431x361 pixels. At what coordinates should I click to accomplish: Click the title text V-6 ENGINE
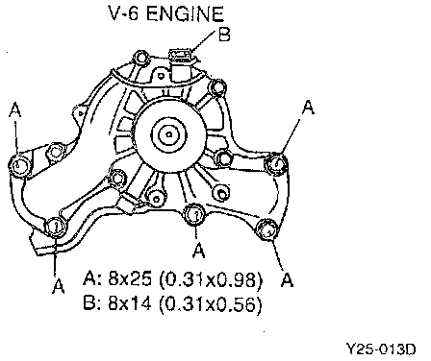point(166,13)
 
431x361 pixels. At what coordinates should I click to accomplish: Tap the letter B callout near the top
point(224,35)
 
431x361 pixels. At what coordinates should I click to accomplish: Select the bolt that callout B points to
point(180,56)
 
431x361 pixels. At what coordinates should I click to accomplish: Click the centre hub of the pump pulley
point(169,133)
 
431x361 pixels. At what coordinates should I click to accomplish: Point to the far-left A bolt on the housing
point(19,165)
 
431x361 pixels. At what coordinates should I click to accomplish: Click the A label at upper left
point(14,110)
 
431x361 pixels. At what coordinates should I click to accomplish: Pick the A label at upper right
point(308,107)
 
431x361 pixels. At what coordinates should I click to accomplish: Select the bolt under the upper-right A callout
point(276,164)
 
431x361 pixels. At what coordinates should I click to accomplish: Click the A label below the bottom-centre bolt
point(199,251)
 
